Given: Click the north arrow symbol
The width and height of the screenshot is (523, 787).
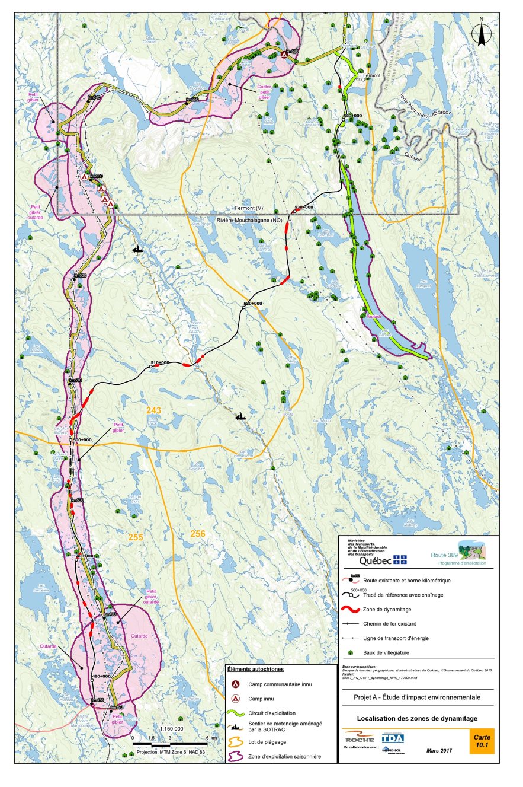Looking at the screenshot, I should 482,32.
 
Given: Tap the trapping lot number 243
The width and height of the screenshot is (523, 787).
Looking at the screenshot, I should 154,410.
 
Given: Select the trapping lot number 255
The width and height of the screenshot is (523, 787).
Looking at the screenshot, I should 136,536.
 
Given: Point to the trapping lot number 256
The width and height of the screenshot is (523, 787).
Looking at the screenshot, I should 198,534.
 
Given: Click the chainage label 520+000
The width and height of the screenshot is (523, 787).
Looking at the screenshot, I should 252,303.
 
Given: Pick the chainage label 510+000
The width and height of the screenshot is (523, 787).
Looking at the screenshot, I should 160,362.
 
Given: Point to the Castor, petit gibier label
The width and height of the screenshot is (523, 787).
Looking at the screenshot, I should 264,91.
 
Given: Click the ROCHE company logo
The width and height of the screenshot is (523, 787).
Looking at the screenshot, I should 360,738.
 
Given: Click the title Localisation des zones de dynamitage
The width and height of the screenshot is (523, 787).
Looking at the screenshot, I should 417,718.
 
